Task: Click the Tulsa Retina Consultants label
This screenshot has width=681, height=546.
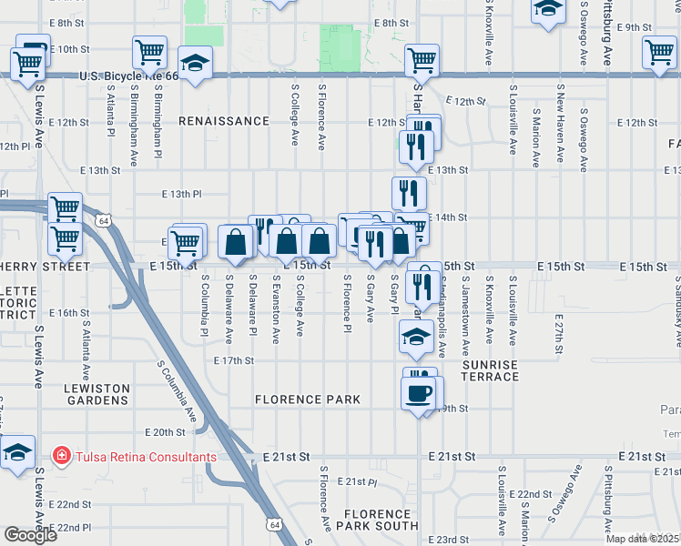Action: pos(146,457)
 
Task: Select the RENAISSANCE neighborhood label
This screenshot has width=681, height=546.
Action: pos(224,121)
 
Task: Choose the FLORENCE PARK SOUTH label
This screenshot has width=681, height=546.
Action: pos(377,519)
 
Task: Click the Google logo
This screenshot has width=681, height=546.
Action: pos(30,535)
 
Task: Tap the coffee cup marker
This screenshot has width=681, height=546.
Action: pos(419,394)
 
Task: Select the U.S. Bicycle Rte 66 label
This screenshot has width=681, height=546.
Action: pos(130,76)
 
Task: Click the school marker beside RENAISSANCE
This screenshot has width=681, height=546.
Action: pos(193,64)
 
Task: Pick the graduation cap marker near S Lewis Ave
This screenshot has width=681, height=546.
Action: pos(18,453)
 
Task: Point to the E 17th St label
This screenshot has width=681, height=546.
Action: pos(233,361)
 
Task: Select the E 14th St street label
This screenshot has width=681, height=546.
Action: pos(449,217)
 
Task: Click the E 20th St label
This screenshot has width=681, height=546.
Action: pos(165,432)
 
